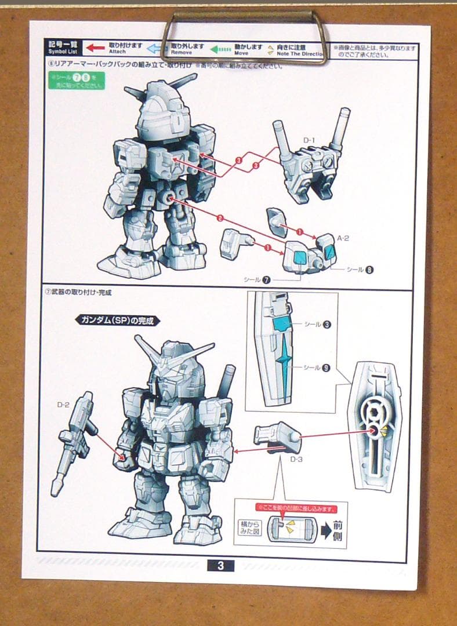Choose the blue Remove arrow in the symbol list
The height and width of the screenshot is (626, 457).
tap(154, 49)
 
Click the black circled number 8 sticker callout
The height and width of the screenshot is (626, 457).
tap(369, 269)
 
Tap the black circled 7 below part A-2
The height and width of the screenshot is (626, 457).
tap(266, 280)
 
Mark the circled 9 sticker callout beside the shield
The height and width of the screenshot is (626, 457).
tap(327, 367)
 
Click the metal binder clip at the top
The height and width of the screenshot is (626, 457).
tap(243, 35)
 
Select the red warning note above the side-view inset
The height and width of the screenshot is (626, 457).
tap(296, 509)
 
